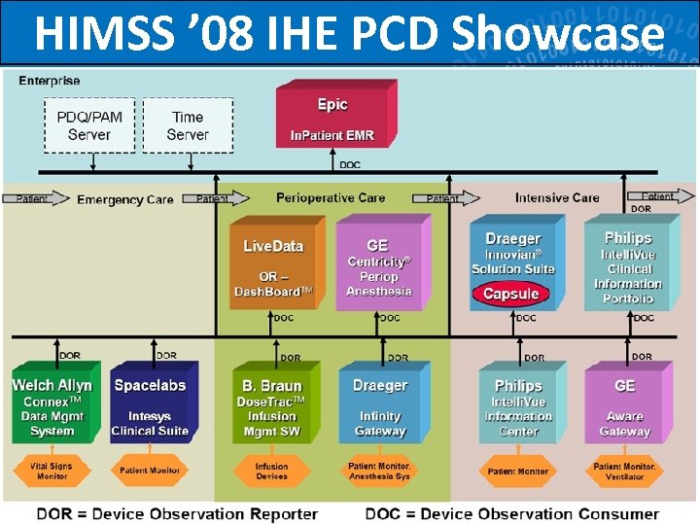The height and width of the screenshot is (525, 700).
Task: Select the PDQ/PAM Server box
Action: click(x=89, y=125)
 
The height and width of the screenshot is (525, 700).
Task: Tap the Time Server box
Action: click(x=188, y=125)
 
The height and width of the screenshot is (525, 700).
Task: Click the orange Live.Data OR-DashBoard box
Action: click(x=273, y=268)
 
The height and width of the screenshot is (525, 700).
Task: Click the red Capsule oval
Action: click(x=510, y=294)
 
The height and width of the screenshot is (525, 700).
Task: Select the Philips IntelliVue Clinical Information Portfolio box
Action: click(x=627, y=267)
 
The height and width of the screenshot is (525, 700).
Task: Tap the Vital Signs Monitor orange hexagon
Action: click(x=52, y=472)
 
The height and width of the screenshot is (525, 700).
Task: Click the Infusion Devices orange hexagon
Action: click(x=272, y=472)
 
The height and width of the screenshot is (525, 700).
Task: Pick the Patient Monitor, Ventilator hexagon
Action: click(x=624, y=472)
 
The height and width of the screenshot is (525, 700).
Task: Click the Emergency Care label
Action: click(x=124, y=199)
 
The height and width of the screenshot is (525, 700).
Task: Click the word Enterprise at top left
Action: click(x=50, y=81)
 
